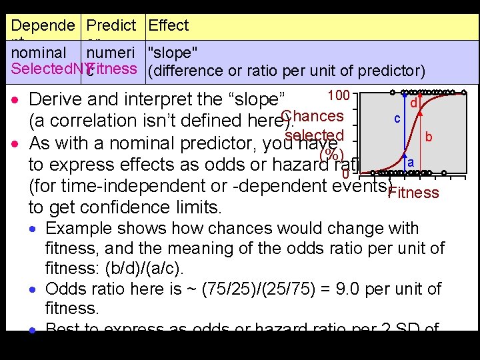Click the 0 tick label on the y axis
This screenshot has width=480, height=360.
click(345, 175)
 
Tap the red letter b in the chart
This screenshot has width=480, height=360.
click(429, 137)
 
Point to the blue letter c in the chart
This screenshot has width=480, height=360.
click(397, 118)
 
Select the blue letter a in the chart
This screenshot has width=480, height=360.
click(411, 163)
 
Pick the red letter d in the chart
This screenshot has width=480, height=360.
click(414, 103)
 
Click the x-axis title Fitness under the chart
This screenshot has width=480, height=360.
click(413, 193)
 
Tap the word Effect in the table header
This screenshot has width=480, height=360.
click(169, 26)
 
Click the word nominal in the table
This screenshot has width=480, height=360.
click(39, 53)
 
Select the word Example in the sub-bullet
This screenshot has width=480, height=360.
click(75, 229)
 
